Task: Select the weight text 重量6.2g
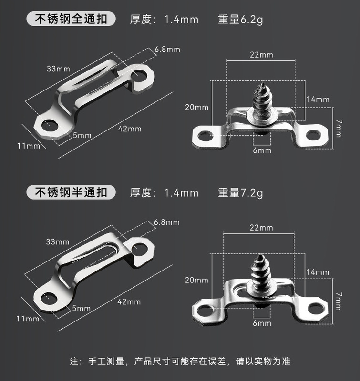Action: pos(240,20)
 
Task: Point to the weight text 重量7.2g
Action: pos(240,193)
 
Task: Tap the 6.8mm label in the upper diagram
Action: pos(167,49)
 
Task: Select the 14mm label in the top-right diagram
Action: pos(318,100)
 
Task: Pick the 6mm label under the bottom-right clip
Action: pos(262,323)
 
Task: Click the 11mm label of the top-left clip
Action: pos(28,146)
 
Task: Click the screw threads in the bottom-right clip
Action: pos(262,269)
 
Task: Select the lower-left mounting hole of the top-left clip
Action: pos(50,126)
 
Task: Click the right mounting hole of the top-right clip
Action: pos(313,135)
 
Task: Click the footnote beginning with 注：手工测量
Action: pos(180,361)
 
